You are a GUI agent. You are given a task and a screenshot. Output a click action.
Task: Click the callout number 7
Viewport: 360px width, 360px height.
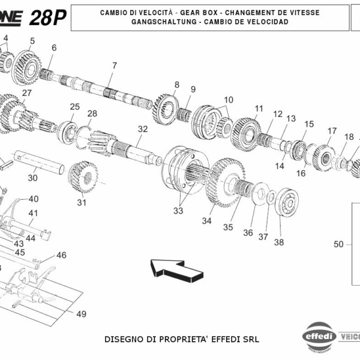click(x=113, y=65)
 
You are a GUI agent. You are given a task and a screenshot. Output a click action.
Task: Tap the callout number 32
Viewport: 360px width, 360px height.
click(x=142, y=129)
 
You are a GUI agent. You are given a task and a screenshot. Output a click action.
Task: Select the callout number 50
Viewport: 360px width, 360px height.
click(x=339, y=244)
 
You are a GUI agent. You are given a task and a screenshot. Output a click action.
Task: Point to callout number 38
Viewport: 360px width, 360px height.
click(x=279, y=242)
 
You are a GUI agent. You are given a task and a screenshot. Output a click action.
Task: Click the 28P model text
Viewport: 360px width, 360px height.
click(x=47, y=17)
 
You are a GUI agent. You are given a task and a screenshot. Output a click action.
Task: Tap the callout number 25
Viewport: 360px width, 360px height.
click(x=74, y=107)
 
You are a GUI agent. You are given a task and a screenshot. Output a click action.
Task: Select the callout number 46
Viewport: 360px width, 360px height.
click(x=61, y=255)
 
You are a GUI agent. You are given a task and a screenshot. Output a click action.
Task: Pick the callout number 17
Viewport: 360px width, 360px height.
click(x=332, y=131)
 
